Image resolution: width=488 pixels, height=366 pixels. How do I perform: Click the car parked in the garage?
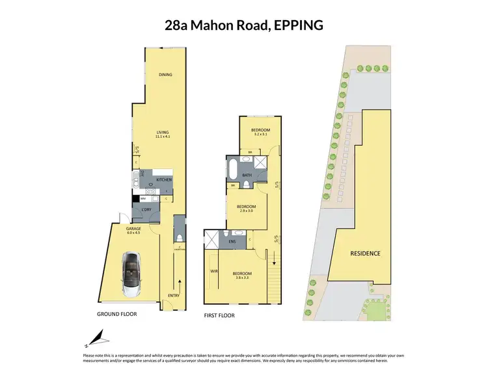[x=133, y=274]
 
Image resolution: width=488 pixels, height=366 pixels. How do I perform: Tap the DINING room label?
[x=165, y=75]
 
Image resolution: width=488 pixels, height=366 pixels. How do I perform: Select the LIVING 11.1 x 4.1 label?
[x=162, y=135]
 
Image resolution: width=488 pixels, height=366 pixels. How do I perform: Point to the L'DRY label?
[x=146, y=209]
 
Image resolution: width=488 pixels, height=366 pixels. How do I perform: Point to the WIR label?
[x=213, y=270]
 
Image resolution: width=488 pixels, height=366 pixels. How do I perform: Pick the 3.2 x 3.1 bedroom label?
[x=260, y=132]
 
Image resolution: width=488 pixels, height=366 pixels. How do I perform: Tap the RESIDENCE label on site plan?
[x=365, y=253]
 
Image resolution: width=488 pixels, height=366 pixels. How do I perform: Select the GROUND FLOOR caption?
[x=117, y=313]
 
